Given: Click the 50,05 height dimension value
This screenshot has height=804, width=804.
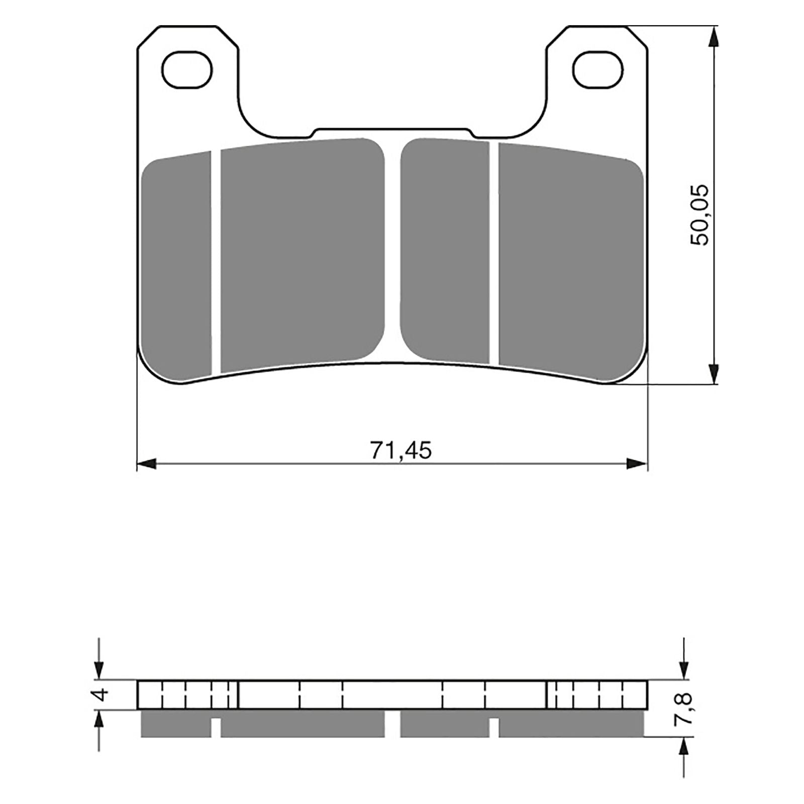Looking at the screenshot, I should (x=699, y=215).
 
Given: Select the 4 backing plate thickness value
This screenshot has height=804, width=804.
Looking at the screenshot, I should (x=102, y=695).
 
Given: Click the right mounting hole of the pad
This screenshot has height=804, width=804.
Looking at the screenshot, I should (x=598, y=70).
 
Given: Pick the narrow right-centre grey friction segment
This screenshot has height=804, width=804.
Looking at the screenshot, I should (x=445, y=251).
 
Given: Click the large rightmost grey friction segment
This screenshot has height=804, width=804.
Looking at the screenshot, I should (x=570, y=261).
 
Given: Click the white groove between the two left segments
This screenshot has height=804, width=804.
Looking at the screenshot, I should (x=216, y=261).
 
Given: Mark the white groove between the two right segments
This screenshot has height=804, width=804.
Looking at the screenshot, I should (x=493, y=254).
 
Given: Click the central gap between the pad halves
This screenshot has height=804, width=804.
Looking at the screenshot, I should (x=392, y=251).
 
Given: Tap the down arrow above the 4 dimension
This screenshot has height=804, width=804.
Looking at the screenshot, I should (x=99, y=668).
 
